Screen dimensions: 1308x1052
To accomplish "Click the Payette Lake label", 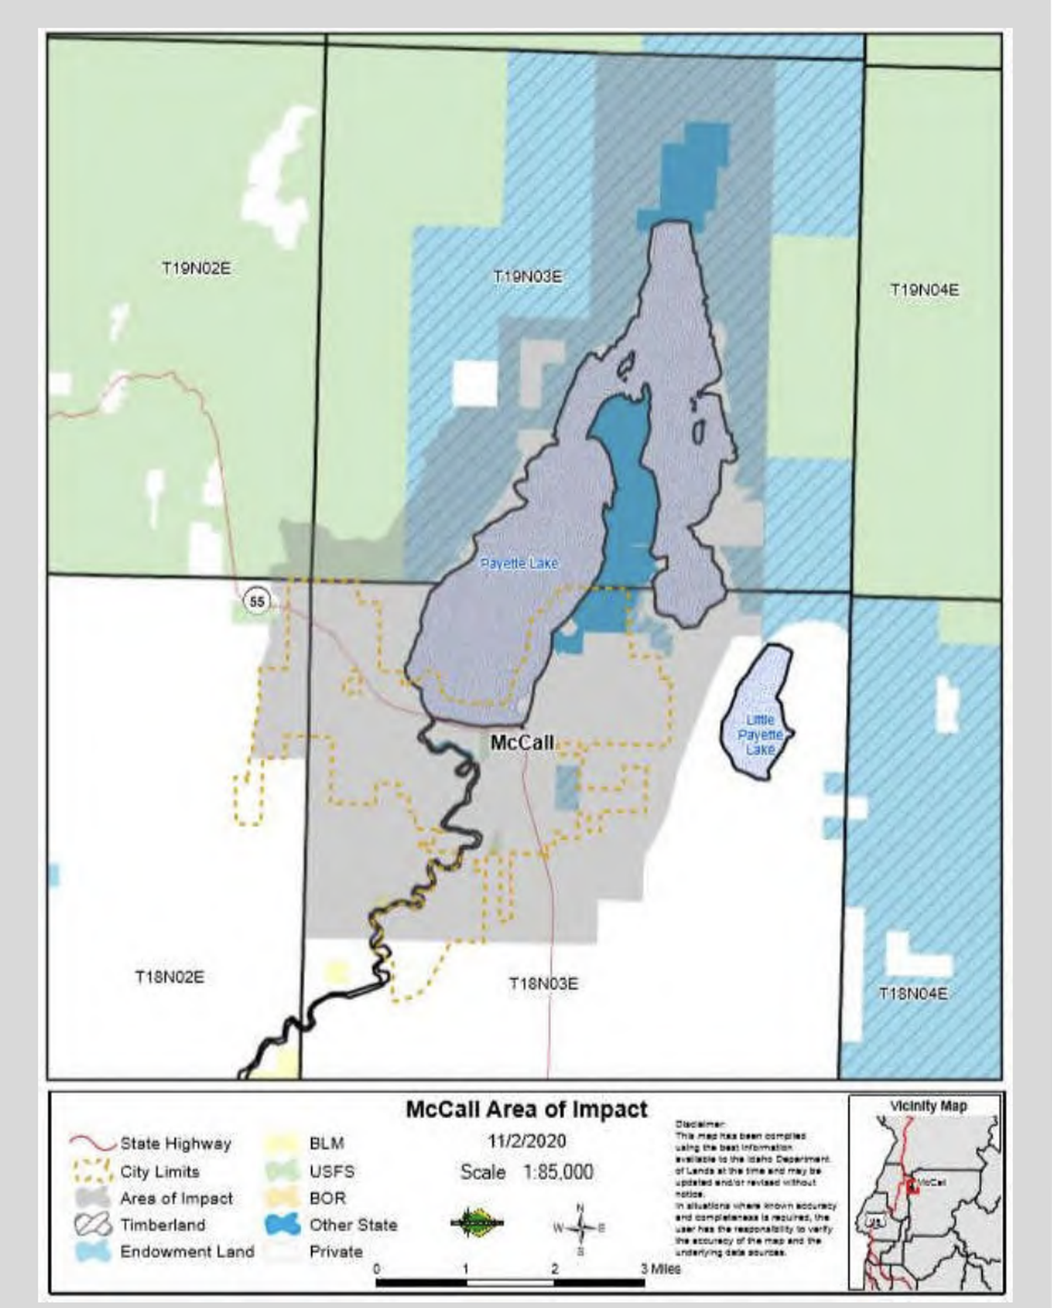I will [519, 563].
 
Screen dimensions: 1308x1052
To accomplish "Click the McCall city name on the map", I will [521, 743].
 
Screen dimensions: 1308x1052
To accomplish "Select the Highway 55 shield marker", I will [257, 601].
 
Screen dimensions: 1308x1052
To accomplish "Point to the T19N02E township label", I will [196, 268].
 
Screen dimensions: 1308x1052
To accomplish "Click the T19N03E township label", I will [528, 276].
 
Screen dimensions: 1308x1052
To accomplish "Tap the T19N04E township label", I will [924, 290].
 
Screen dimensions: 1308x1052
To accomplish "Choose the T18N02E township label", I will [169, 977].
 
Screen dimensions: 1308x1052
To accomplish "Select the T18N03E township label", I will [544, 983].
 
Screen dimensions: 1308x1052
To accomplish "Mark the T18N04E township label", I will [913, 993].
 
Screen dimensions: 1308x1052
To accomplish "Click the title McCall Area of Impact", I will [527, 1110].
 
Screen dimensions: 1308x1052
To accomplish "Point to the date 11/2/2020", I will [527, 1140].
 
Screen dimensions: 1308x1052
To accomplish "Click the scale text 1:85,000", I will [527, 1171].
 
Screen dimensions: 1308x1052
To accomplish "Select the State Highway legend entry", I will [174, 1143].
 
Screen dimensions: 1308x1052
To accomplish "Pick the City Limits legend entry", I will [159, 1171].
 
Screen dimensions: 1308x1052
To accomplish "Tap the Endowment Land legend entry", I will [185, 1252].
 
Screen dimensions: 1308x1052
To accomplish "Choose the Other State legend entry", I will [353, 1225].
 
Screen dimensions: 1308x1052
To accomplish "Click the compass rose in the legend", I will [580, 1228].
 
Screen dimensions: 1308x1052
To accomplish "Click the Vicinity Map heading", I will [927, 1105].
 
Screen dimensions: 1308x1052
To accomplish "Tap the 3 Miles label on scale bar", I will [661, 1268].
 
